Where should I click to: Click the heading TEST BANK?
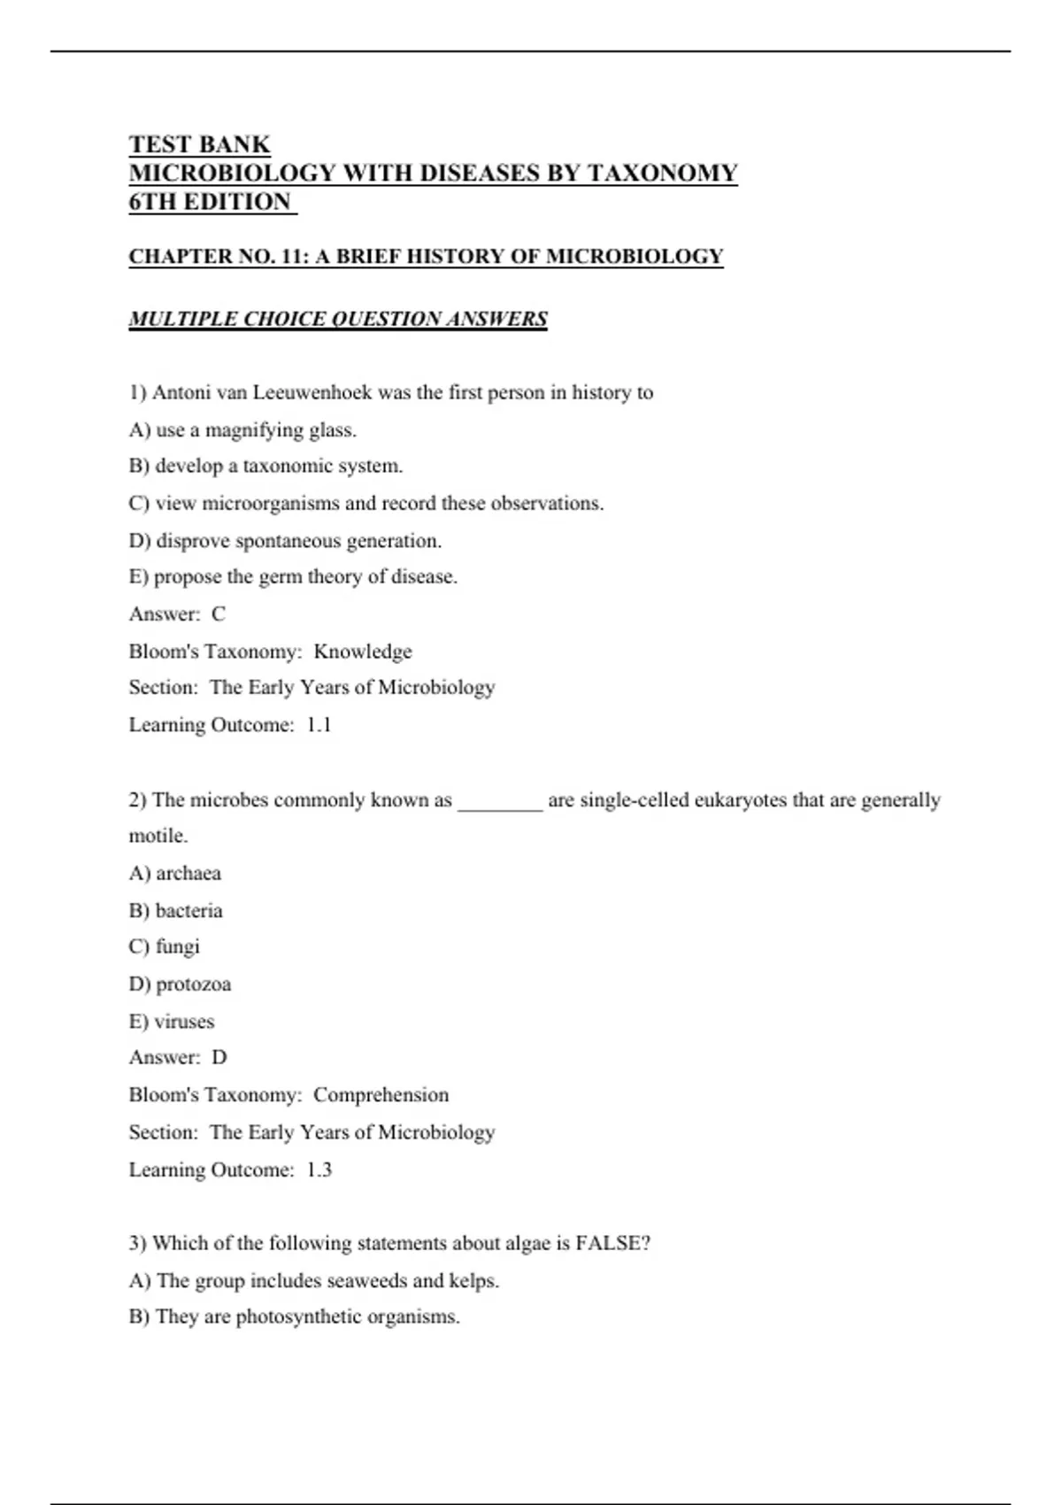coord(199,144)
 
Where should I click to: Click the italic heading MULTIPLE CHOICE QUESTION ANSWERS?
coord(338,319)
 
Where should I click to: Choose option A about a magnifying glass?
coord(242,430)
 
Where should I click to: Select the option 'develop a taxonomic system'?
coord(265,466)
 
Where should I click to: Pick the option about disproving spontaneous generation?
coord(285,540)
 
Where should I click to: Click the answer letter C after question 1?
coord(219,614)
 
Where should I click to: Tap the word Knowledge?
coord(363,652)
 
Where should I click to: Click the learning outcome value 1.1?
coord(319,725)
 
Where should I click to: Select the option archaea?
coord(175,873)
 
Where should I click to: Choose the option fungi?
coord(165,946)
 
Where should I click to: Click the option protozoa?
coord(181,984)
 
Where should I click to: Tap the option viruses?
coord(172,1021)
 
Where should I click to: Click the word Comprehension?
coord(381,1095)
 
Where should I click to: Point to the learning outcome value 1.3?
coord(319,1169)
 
